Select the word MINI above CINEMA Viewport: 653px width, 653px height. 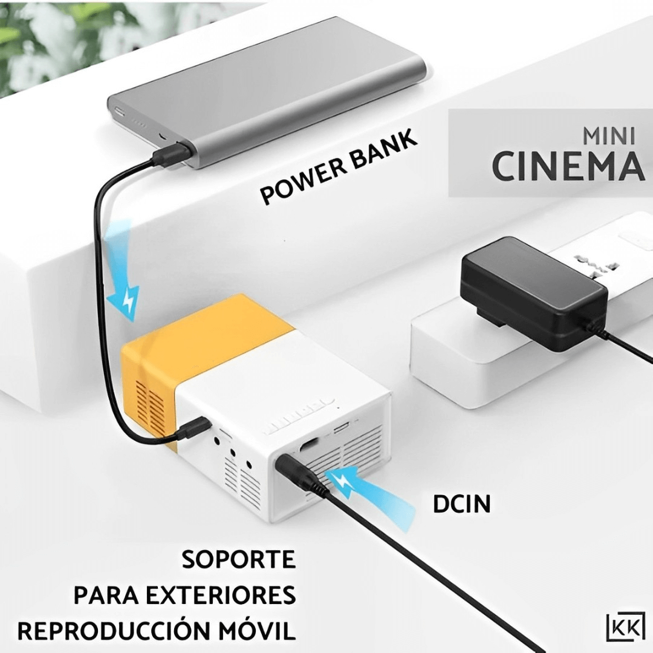pyautogui.click(x=608, y=136)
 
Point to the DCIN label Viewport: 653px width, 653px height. pyautogui.click(x=461, y=504)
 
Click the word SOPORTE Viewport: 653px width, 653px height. pyautogui.click(x=239, y=559)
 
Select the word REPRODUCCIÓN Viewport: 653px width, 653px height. pyautogui.click(x=112, y=631)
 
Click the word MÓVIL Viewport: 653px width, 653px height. pyautogui.click(x=256, y=631)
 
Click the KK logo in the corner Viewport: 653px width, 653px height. pyautogui.click(x=625, y=626)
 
